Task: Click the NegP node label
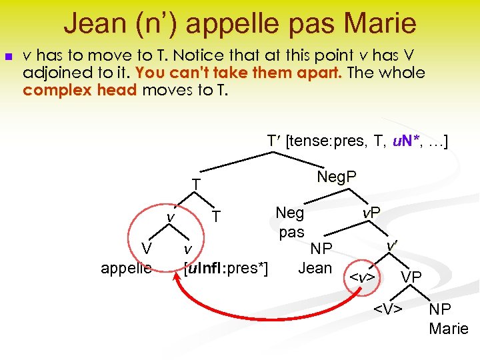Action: [x=337, y=177]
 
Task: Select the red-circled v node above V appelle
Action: [x=171, y=217]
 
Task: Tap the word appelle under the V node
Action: [x=126, y=268]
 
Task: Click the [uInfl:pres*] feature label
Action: [x=225, y=268]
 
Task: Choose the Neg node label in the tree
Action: [x=290, y=213]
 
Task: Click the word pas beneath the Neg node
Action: [x=291, y=232]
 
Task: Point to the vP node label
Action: [x=371, y=213]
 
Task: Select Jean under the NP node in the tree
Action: [x=315, y=268]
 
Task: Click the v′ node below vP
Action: [x=393, y=246]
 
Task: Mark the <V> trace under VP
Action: [x=387, y=308]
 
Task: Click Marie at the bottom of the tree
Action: [x=449, y=328]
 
